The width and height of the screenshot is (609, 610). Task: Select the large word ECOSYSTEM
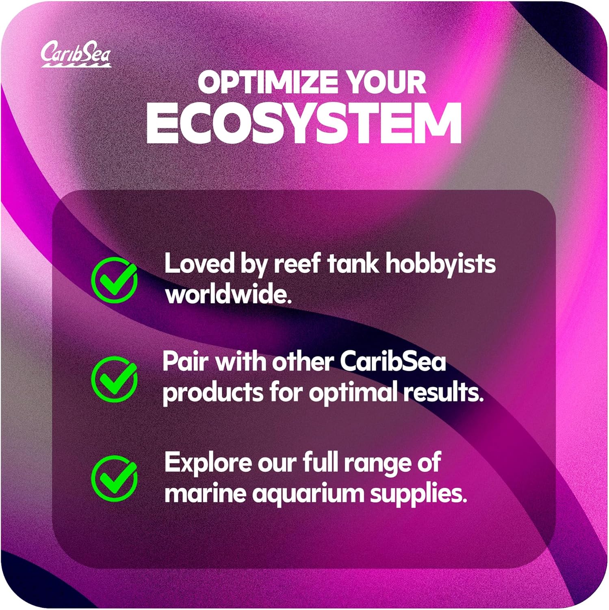click(x=304, y=123)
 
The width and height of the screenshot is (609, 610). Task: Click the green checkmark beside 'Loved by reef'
click(x=114, y=279)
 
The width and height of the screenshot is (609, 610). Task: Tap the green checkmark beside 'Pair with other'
click(x=114, y=379)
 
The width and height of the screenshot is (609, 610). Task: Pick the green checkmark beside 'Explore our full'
click(x=114, y=478)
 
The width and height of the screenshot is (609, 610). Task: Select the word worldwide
click(x=229, y=294)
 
